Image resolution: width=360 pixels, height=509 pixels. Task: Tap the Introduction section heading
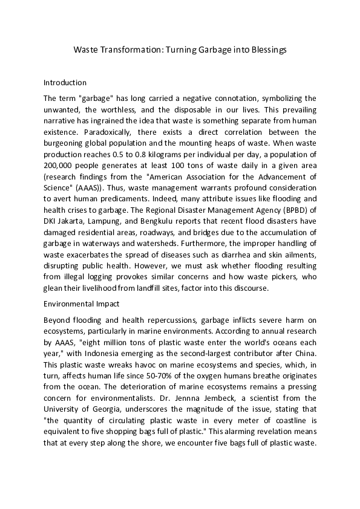(x=65, y=82)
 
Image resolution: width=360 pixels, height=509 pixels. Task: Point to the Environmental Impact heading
(x=81, y=303)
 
